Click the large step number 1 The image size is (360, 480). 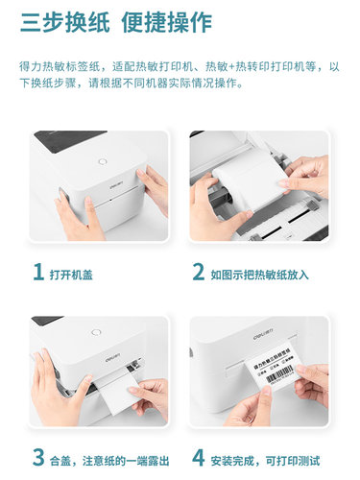(37, 274)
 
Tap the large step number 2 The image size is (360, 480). (198, 274)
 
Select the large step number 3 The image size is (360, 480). (37, 456)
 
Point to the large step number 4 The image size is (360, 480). (198, 456)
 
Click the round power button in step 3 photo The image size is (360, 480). (96, 335)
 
